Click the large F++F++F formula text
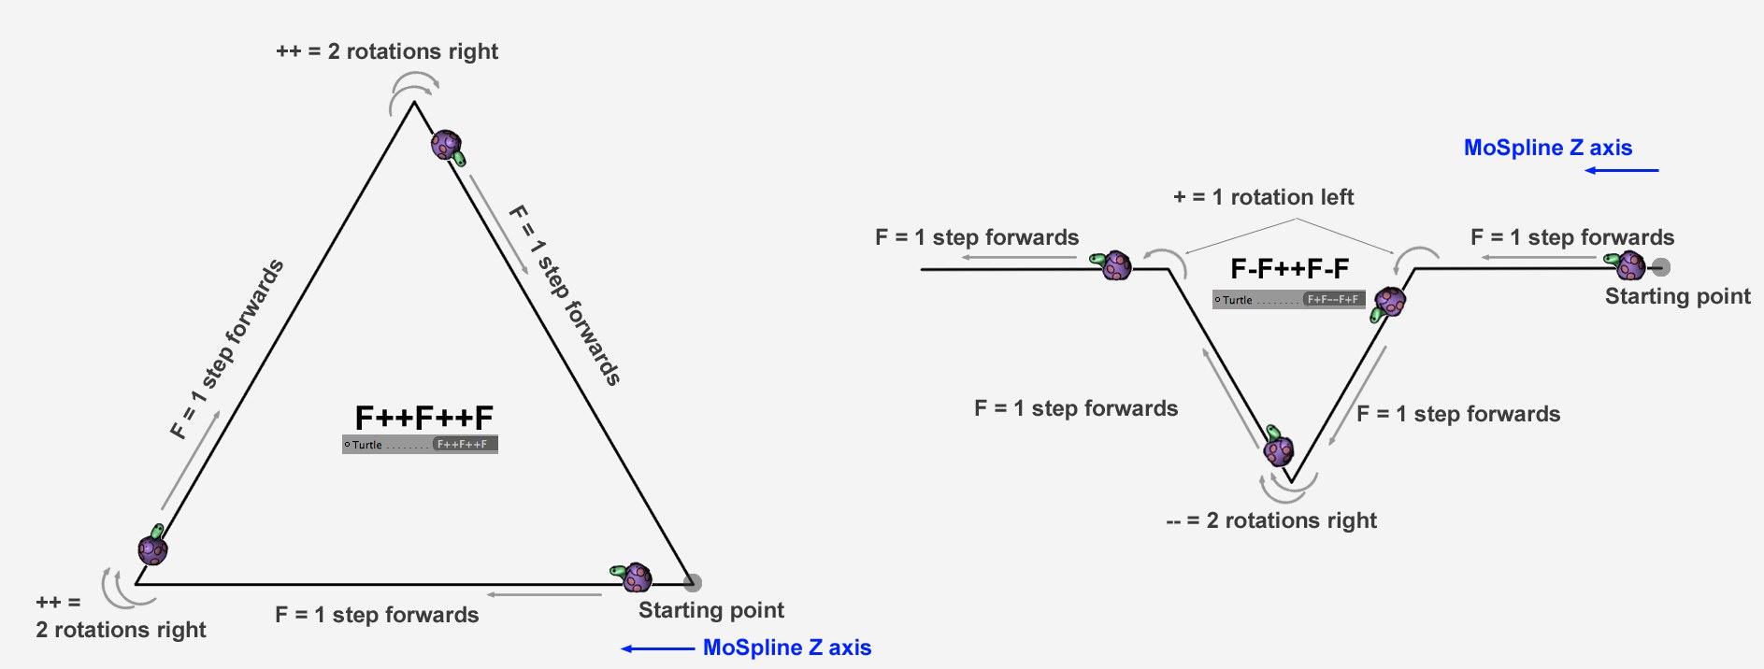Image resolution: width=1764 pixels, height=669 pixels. pyautogui.click(x=423, y=418)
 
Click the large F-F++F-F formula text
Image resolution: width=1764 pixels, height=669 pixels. pyautogui.click(x=1289, y=269)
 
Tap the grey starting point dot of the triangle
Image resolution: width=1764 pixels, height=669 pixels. pyautogui.click(x=692, y=583)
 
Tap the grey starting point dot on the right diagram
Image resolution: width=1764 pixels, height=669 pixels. pyautogui.click(x=1660, y=267)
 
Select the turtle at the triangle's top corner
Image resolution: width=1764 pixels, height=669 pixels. pyautogui.click(x=448, y=147)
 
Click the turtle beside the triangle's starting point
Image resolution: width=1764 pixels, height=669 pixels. pyautogui.click(x=633, y=576)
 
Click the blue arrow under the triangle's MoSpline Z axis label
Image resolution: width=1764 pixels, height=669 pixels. pyautogui.click(x=658, y=648)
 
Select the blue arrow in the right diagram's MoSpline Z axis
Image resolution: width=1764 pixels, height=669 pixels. pyautogui.click(x=1621, y=170)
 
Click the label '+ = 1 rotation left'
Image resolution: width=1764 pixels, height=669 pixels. pyautogui.click(x=1263, y=197)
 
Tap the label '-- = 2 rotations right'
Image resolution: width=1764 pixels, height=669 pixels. pyautogui.click(x=1271, y=520)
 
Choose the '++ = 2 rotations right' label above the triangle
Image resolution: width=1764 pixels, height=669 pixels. pyautogui.click(x=387, y=51)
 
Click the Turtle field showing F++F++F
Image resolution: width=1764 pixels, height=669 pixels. pyautogui.click(x=420, y=445)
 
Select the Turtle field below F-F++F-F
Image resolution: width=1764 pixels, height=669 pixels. pyautogui.click(x=1289, y=300)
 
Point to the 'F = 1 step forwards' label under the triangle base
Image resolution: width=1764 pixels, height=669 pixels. pyautogui.click(x=377, y=615)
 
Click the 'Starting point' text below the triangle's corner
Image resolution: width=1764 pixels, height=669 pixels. pyautogui.click(x=710, y=610)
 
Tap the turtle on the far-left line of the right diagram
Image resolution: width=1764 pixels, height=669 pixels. pyautogui.click(x=1114, y=265)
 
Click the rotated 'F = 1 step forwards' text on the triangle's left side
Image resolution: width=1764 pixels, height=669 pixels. pyautogui.click(x=227, y=349)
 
